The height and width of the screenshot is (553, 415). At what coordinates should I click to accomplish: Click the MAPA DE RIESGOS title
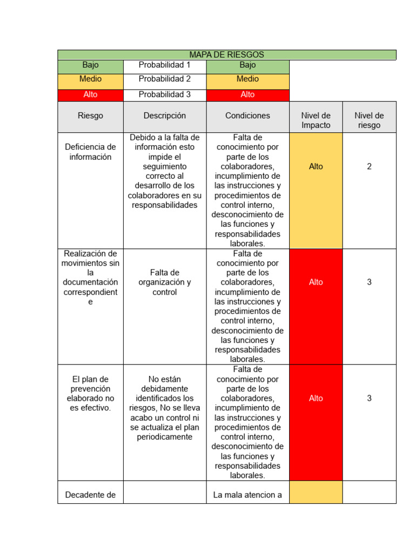pyautogui.click(x=226, y=55)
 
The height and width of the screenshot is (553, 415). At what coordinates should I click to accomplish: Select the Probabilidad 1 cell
pyautogui.click(x=165, y=65)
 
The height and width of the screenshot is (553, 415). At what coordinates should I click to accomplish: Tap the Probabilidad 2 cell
pyautogui.click(x=165, y=79)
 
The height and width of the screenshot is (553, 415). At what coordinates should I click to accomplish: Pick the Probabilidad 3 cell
pyautogui.click(x=165, y=95)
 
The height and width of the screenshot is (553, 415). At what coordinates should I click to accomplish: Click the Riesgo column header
pyautogui.click(x=90, y=116)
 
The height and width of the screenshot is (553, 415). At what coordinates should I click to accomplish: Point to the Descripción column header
pyautogui.click(x=165, y=116)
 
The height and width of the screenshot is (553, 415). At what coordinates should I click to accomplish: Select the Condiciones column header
pyautogui.click(x=247, y=116)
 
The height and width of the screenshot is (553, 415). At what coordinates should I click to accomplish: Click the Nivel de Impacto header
pyautogui.click(x=316, y=120)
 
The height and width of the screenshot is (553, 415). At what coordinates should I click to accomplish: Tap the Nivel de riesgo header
pyautogui.click(x=369, y=120)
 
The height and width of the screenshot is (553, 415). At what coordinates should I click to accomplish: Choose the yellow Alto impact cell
pyautogui.click(x=316, y=166)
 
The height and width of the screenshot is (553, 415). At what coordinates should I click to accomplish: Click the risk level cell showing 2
pyautogui.click(x=369, y=166)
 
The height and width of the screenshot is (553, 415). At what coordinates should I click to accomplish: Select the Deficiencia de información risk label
pyautogui.click(x=90, y=152)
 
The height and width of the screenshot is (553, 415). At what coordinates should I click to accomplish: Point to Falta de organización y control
pyautogui.click(x=165, y=282)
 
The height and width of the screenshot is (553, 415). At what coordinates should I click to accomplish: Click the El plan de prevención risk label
pyautogui.click(x=90, y=393)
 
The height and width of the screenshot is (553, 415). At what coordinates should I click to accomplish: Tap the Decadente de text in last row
pyautogui.click(x=90, y=495)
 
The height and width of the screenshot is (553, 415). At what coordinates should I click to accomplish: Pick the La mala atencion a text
pyautogui.click(x=247, y=495)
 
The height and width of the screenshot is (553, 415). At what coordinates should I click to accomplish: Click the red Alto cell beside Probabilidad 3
pyautogui.click(x=247, y=95)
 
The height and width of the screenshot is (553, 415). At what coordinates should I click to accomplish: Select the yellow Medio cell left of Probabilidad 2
pyautogui.click(x=90, y=79)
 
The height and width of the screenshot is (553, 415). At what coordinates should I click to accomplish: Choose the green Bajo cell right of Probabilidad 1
pyautogui.click(x=247, y=65)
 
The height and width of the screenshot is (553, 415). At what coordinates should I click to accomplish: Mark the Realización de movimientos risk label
pyautogui.click(x=90, y=278)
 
